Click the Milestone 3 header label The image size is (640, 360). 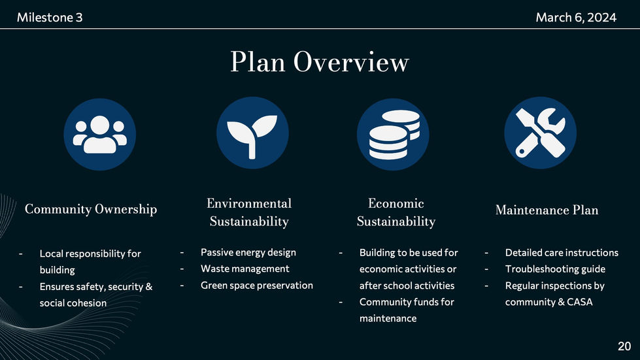(x=50, y=18)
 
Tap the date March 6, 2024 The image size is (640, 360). (x=576, y=18)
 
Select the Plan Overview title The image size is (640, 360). (x=320, y=62)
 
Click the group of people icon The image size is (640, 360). (x=100, y=134)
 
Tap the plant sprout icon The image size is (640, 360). (x=252, y=133)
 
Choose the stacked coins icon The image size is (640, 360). (x=393, y=134)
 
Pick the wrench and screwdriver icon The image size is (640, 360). (x=541, y=133)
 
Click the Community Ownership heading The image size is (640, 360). (x=91, y=209)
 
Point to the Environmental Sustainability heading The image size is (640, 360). (x=249, y=212)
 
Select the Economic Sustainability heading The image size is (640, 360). (x=396, y=212)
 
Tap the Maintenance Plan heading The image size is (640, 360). (x=547, y=210)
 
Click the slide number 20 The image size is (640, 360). (x=624, y=346)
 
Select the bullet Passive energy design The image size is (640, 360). (x=248, y=252)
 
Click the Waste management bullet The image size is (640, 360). (x=245, y=269)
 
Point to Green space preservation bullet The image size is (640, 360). (x=257, y=286)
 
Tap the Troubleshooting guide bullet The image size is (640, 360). (x=555, y=269)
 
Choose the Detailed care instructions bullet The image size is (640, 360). (x=562, y=253)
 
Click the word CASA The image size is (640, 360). (x=580, y=302)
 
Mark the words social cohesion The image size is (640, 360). (x=73, y=303)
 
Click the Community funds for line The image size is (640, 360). (x=407, y=302)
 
